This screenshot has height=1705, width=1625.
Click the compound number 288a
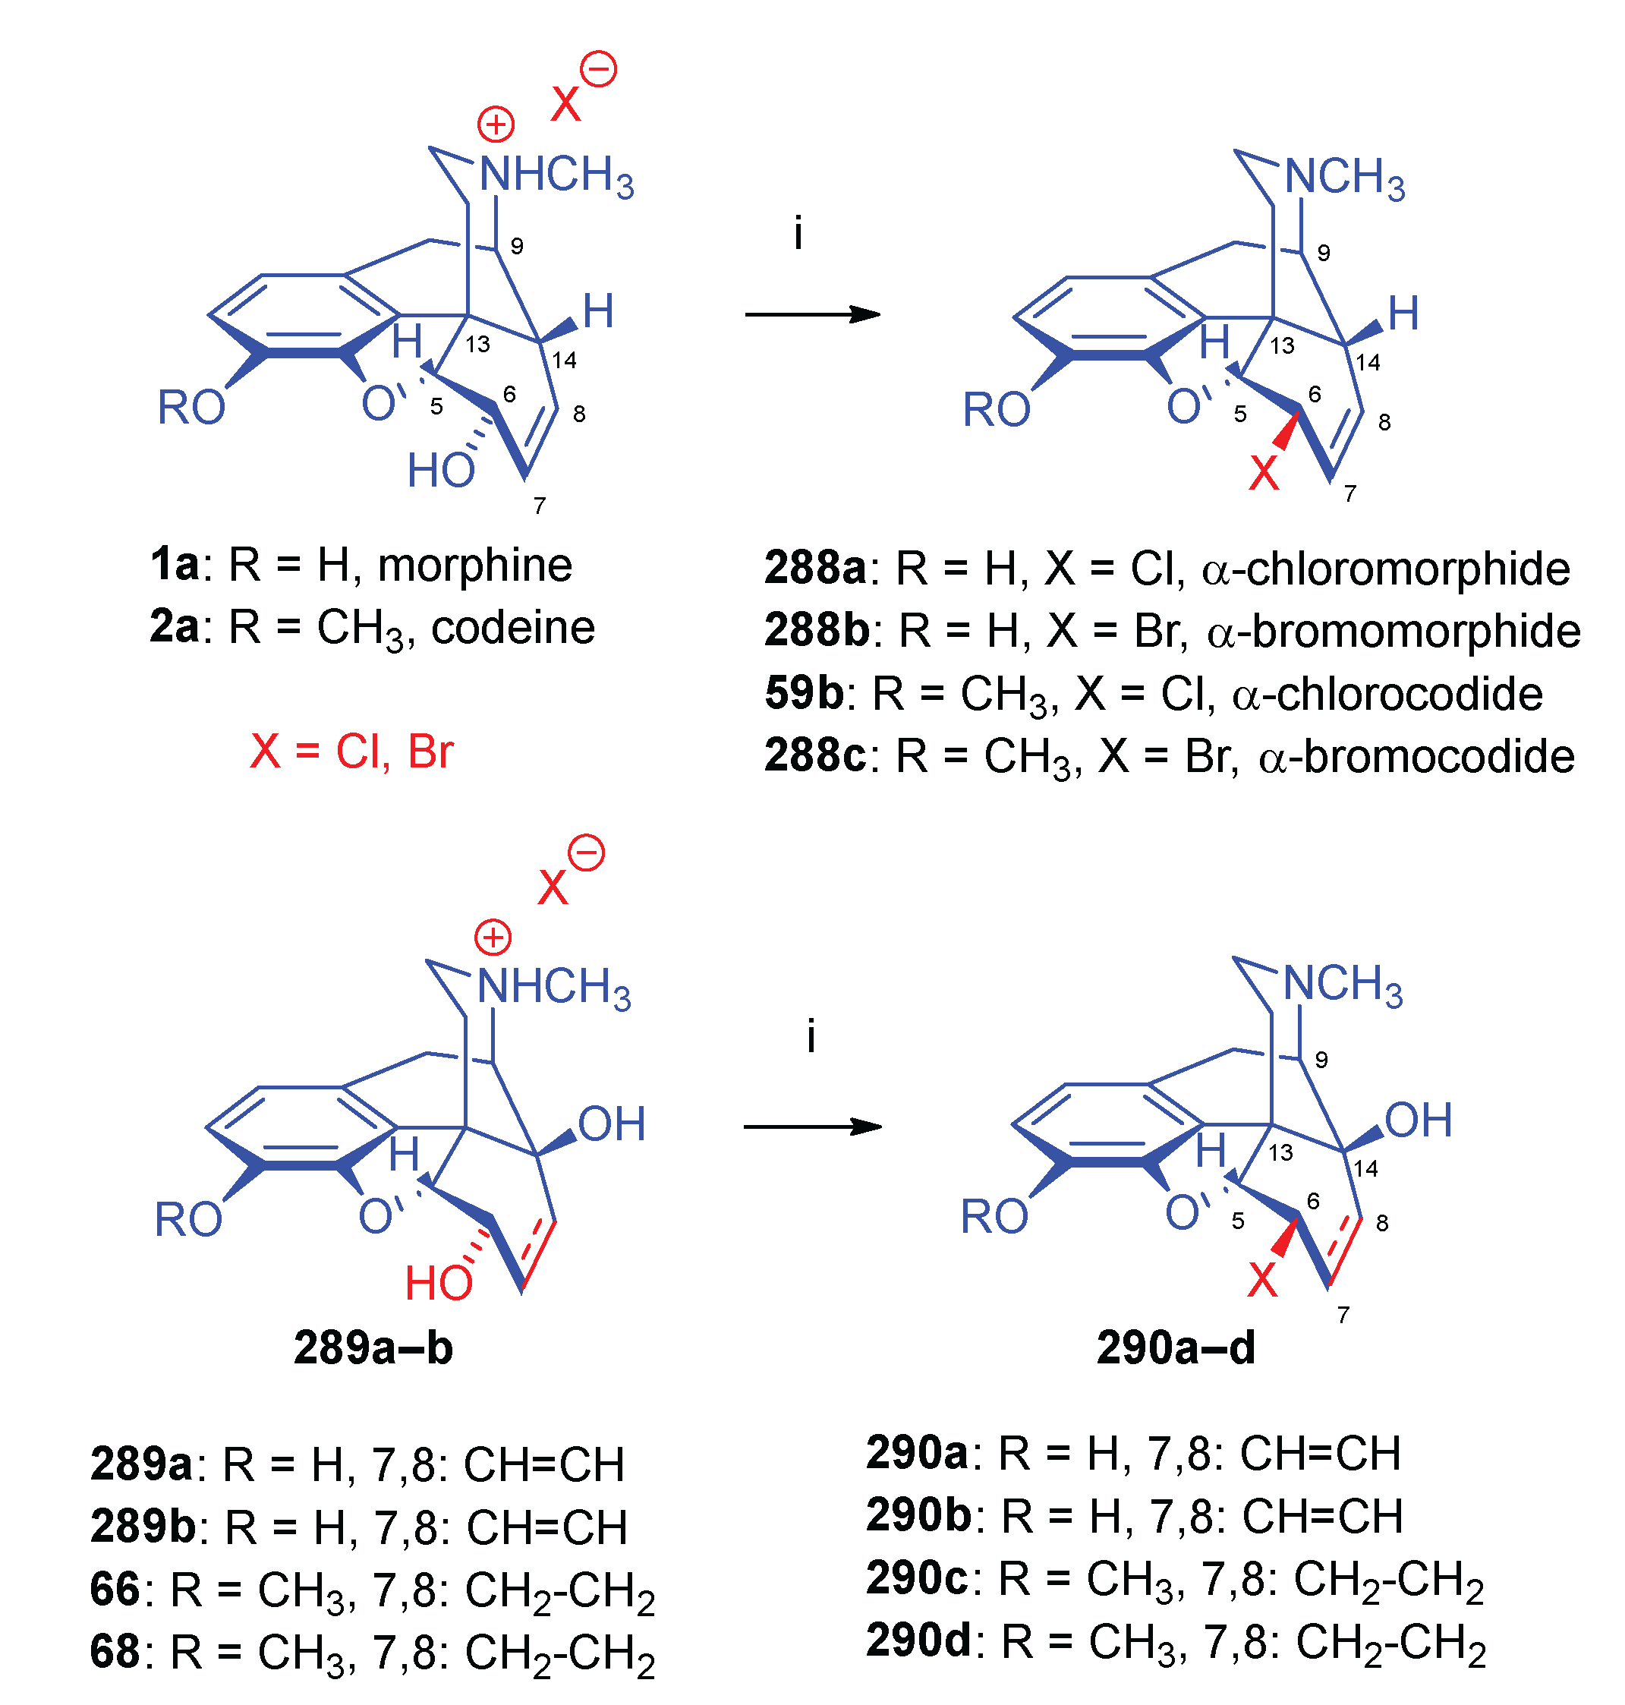click(814, 569)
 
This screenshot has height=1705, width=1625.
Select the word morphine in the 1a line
click(474, 566)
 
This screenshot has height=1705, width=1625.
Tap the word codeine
click(513, 628)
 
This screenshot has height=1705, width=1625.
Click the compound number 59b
click(804, 694)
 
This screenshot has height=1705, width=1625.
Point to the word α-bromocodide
click(1416, 756)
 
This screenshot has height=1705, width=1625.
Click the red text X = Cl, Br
click(351, 751)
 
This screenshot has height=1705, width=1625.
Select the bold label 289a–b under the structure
click(373, 1348)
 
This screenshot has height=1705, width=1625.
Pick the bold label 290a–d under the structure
click(1176, 1348)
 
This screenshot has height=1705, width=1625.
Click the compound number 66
click(115, 1590)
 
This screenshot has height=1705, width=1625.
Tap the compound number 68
click(115, 1652)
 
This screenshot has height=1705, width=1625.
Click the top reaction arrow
click(811, 314)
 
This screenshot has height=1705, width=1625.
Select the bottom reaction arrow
click(811, 1127)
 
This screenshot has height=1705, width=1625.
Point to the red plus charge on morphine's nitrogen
click(496, 124)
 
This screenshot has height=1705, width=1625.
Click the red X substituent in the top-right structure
click(1264, 473)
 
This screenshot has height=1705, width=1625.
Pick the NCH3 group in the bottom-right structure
click(1343, 985)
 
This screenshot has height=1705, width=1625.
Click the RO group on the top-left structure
click(191, 407)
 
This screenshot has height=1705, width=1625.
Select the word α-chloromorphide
click(1386, 569)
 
